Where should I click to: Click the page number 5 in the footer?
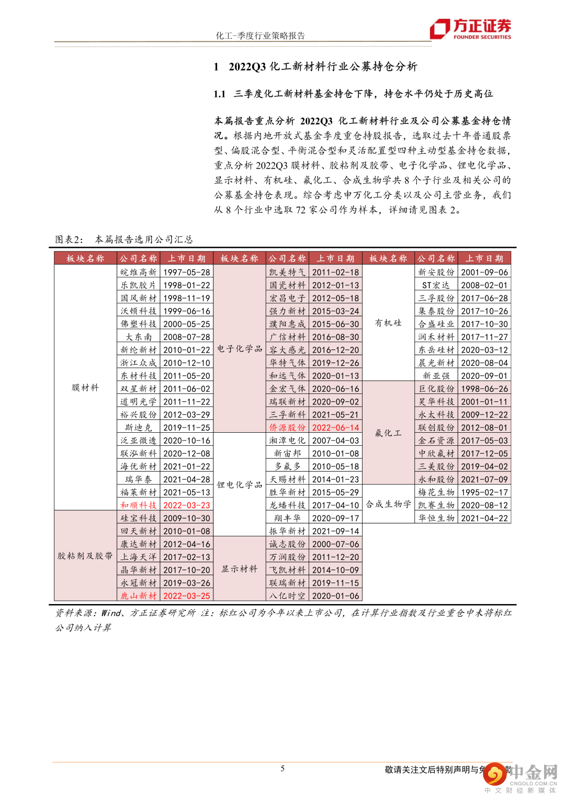(282, 769)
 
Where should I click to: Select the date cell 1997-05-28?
(187, 272)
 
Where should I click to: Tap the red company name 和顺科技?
(139, 505)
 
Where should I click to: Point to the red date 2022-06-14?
(335, 428)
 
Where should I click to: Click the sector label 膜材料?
(85, 388)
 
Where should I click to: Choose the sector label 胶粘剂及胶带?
(85, 556)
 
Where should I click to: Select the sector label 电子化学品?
(240, 349)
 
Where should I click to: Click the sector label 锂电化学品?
(240, 485)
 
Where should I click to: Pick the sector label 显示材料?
(240, 569)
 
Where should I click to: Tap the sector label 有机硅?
(388, 323)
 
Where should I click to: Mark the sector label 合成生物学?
(388, 504)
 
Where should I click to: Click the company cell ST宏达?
(436, 286)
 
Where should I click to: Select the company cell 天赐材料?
(287, 479)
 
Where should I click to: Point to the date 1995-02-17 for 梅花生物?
(484, 492)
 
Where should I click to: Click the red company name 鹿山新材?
(139, 596)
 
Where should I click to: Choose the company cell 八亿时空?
(287, 596)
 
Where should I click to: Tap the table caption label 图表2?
(69, 239)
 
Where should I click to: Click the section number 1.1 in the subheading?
(219, 94)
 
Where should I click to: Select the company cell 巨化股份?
(436, 389)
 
